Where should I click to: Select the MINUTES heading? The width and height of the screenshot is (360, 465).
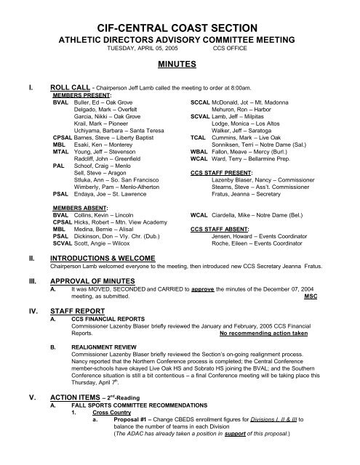click(x=179, y=63)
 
